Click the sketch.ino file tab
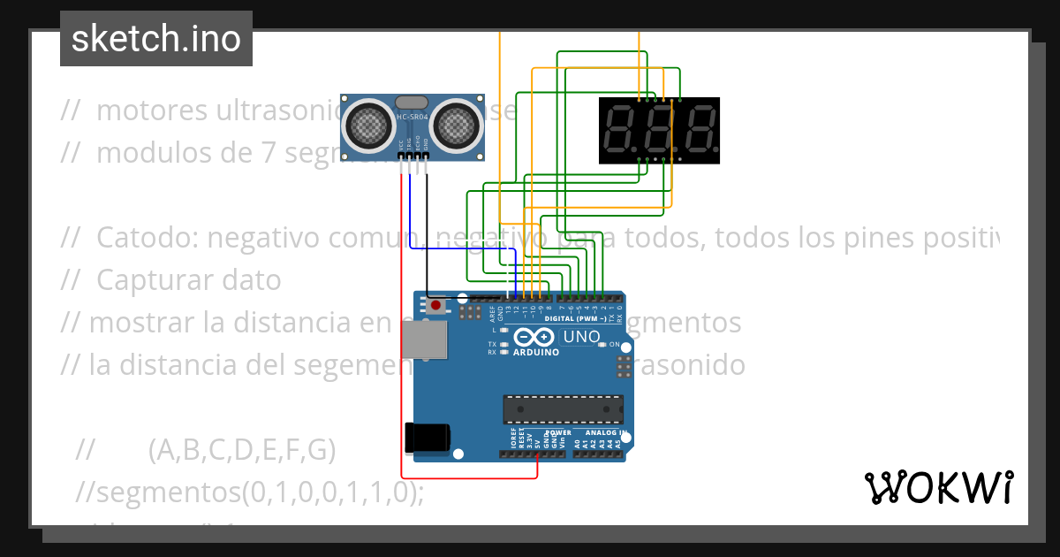pos(156,39)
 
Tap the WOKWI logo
pos(938,487)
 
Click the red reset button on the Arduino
pos(435,306)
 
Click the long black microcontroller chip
pos(562,409)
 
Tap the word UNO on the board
pos(581,337)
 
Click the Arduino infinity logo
pos(534,337)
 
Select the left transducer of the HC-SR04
pos(367,125)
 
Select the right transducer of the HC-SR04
pos(456,125)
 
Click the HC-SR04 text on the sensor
pos(412,118)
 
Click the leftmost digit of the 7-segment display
pos(620,130)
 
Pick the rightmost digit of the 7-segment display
pos(699,130)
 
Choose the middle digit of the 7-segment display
pos(659,130)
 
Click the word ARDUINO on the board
pos(536,352)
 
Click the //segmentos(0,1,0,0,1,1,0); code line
pos(250,492)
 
